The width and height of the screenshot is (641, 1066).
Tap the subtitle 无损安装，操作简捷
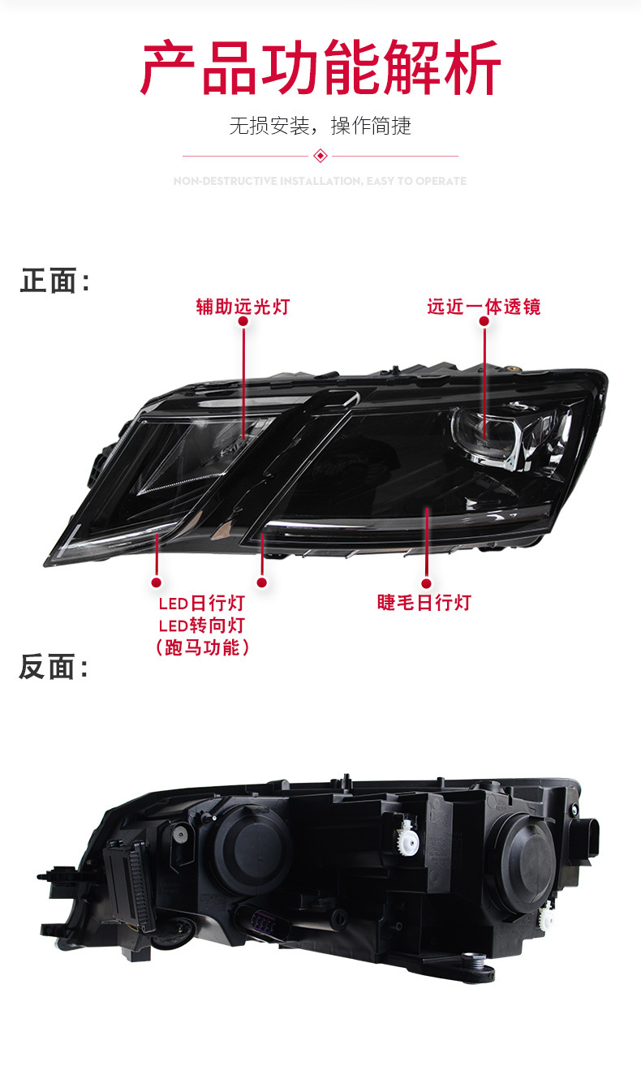coord(320,126)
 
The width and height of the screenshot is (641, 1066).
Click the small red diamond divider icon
coord(320,156)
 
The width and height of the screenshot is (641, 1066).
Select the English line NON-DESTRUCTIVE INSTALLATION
coord(320,181)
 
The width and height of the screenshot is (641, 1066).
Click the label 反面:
coord(54,667)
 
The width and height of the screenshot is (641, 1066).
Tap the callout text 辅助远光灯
coord(243,307)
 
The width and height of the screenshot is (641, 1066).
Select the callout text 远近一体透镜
coord(484,307)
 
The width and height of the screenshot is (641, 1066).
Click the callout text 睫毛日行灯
coord(424,602)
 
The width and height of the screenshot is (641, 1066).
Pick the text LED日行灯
coord(201,604)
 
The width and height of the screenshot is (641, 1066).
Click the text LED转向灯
coord(201,625)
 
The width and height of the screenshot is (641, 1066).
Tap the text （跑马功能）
coord(201,647)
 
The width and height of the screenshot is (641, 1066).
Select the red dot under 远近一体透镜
coord(484,321)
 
